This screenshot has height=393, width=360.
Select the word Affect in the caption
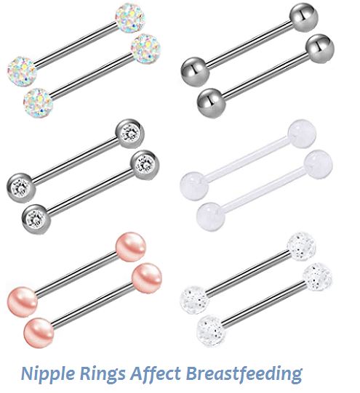pyautogui.click(x=156, y=373)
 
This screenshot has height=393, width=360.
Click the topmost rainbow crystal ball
pyautogui.click(x=130, y=17)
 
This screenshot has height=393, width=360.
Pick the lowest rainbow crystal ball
pyautogui.click(x=39, y=102)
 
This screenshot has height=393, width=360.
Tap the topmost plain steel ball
pyautogui.click(x=304, y=17)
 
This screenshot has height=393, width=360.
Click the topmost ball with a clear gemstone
pyautogui.click(x=130, y=134)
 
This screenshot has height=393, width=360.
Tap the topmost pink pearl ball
pyautogui.click(x=131, y=247)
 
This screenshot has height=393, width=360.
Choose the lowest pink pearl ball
pyautogui.click(x=39, y=333)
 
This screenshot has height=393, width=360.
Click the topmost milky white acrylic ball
pyautogui.click(x=302, y=134)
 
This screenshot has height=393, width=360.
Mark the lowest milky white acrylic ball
pyautogui.click(x=211, y=216)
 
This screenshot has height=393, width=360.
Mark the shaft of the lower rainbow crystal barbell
pyautogui.click(x=92, y=76)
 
